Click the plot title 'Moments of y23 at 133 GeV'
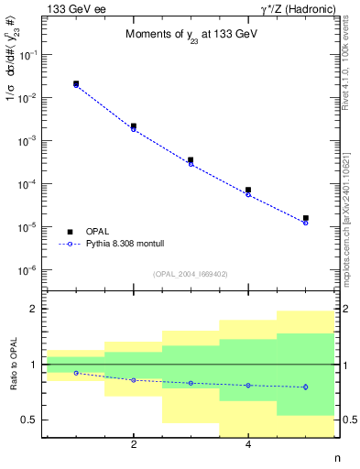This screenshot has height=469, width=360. click(x=189, y=35)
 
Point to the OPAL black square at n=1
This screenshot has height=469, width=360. click(x=76, y=83)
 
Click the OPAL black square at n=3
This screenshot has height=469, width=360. click(x=191, y=159)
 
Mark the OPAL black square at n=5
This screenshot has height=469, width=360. click(x=305, y=218)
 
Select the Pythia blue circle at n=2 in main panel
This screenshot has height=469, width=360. click(x=134, y=129)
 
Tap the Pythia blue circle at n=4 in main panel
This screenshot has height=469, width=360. click(x=248, y=194)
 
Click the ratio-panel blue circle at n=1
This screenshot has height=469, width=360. click(x=76, y=373)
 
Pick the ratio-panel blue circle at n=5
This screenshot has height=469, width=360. click(x=305, y=387)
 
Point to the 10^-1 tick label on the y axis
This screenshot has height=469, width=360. click(x=29, y=55)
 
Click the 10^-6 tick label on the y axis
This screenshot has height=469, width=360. click(x=29, y=270)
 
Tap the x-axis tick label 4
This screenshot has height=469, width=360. click(x=248, y=445)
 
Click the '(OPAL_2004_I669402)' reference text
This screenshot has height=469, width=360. click(x=190, y=274)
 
